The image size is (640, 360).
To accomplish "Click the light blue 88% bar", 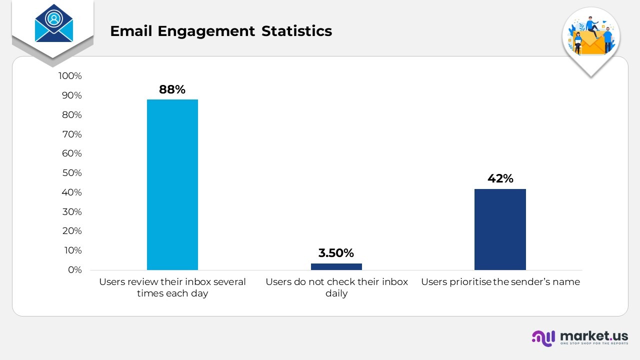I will tap(172, 185).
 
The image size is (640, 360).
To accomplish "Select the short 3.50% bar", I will tap(336, 266).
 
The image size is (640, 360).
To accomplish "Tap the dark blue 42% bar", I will tap(500, 229).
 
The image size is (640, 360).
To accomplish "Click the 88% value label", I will tap(172, 89).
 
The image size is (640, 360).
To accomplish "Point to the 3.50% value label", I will tap(336, 253).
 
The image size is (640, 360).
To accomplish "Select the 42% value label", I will tap(500, 178).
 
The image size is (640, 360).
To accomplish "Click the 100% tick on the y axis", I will tap(70, 76).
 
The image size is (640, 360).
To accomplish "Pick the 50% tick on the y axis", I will tap(71, 173).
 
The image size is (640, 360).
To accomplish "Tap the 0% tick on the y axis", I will tap(74, 270).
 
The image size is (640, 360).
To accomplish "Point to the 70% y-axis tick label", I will tap(71, 134).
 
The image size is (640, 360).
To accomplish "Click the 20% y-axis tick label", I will tap(71, 231).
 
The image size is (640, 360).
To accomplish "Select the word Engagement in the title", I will tap(206, 31).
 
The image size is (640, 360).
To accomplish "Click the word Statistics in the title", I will tap(296, 31).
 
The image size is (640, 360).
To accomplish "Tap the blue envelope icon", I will tap(53, 23).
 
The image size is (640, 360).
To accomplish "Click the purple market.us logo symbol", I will tap(543, 337).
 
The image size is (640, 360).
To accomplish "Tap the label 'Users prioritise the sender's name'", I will tap(500, 282).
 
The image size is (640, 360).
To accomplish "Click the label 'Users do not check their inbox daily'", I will tap(336, 287).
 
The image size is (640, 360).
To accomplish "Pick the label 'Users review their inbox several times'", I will tap(172, 287).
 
